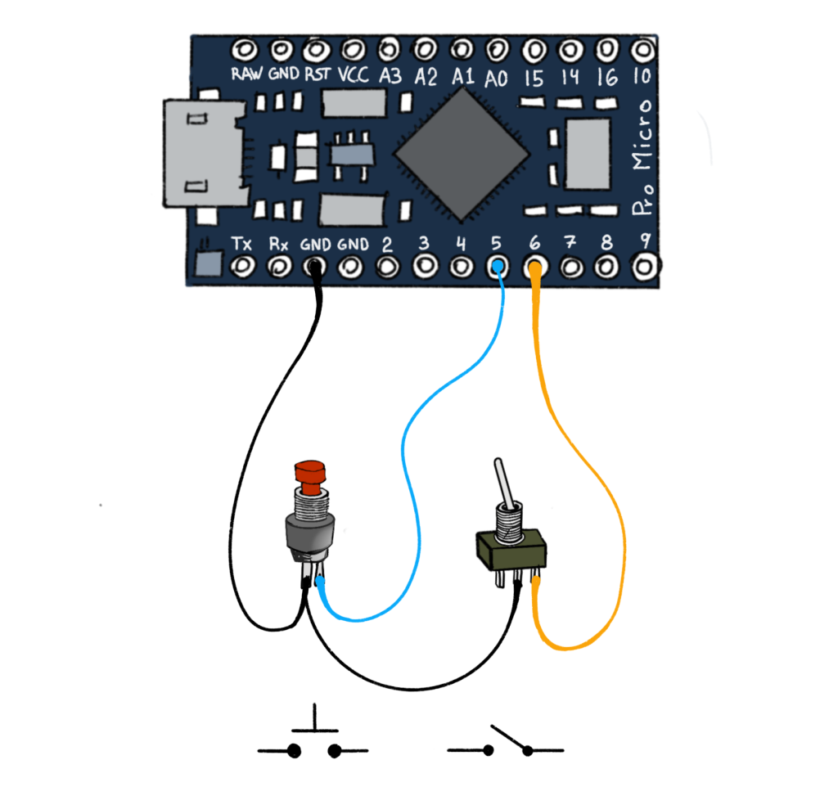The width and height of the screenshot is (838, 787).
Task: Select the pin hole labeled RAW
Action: (x=244, y=50)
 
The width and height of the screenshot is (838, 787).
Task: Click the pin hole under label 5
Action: (x=497, y=267)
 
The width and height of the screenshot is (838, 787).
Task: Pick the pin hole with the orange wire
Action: (x=535, y=268)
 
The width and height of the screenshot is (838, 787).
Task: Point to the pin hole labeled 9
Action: (x=645, y=267)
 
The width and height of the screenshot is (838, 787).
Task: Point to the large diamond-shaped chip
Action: (x=461, y=154)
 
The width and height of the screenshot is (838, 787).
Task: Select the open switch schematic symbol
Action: (x=506, y=743)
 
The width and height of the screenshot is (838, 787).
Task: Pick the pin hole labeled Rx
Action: (x=280, y=267)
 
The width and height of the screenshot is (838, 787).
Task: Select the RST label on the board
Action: (x=317, y=74)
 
